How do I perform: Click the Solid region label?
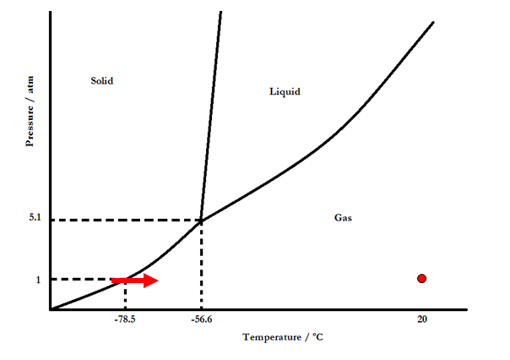(101, 81)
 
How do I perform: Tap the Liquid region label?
(285, 91)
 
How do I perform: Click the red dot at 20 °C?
(421, 279)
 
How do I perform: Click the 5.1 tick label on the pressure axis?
(34, 218)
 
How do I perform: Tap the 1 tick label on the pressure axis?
(38, 280)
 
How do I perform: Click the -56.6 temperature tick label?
(200, 319)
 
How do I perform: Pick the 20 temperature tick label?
(421, 319)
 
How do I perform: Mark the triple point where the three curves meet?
(201, 221)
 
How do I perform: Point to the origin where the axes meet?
(51, 310)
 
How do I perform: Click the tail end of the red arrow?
(113, 281)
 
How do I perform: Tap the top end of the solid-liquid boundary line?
(220, 12)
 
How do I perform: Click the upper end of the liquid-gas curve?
(433, 21)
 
